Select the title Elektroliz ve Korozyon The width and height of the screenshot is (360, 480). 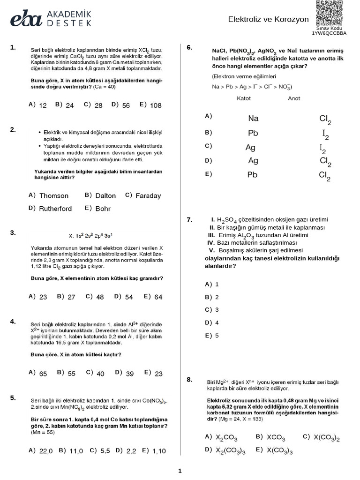pyautogui.click(x=268, y=20)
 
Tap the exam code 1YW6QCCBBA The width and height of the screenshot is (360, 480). pyautogui.click(x=330, y=33)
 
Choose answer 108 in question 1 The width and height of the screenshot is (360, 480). pyautogui.click(x=155, y=105)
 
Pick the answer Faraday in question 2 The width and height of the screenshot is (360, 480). pyautogui.click(x=148, y=196)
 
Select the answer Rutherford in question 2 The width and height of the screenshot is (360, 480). pyautogui.click(x=55, y=209)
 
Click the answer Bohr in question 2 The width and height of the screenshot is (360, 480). pyautogui.click(x=103, y=209)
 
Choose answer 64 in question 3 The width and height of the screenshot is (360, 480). pyautogui.click(x=158, y=297)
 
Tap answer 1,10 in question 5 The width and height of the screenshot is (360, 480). pyautogui.click(x=159, y=450)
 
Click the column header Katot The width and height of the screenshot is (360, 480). pyautogui.click(x=244, y=98)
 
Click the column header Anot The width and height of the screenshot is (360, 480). pyautogui.click(x=294, y=98)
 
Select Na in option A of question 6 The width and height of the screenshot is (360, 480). pyautogui.click(x=253, y=119)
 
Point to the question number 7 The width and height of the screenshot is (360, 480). pyautogui.click(x=189, y=220)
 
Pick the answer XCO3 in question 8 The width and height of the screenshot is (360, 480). pyautogui.click(x=276, y=437)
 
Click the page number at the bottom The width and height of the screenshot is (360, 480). pyautogui.click(x=180, y=471)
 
